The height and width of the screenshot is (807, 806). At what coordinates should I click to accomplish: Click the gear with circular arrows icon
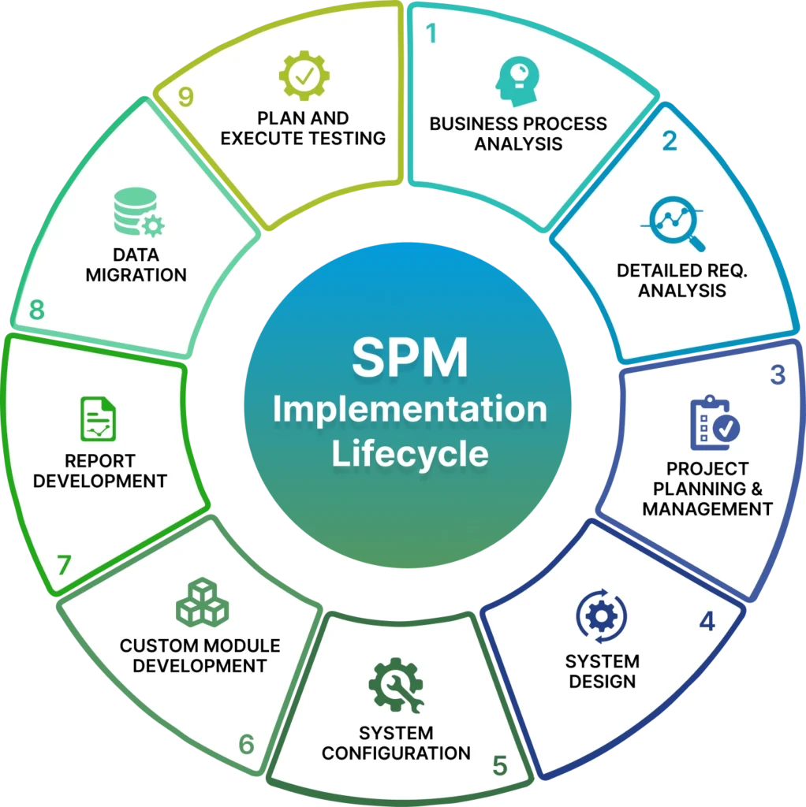tap(602, 616)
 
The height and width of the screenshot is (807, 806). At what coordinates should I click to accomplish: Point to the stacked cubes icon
tap(202, 602)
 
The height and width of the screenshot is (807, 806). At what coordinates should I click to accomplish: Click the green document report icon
tap(98, 418)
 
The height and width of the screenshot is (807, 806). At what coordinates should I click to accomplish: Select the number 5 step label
tap(499, 764)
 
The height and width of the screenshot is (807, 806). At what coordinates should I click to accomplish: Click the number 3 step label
tap(778, 375)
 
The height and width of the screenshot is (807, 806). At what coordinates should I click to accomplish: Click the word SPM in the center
tap(409, 358)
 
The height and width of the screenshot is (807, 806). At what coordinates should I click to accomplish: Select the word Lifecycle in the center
tap(409, 455)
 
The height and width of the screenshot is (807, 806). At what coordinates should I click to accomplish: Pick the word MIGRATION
tap(136, 275)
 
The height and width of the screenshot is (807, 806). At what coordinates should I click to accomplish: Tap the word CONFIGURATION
tap(396, 753)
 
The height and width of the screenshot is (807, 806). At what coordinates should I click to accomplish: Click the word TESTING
tap(347, 138)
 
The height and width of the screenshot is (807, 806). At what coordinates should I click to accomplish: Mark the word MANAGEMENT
tap(707, 508)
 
